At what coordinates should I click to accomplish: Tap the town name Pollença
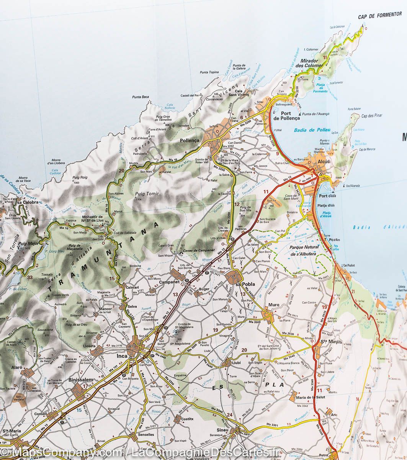(x=190, y=141)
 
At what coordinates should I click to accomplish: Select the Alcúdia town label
(x=322, y=162)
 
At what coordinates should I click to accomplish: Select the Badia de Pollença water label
(x=312, y=130)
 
